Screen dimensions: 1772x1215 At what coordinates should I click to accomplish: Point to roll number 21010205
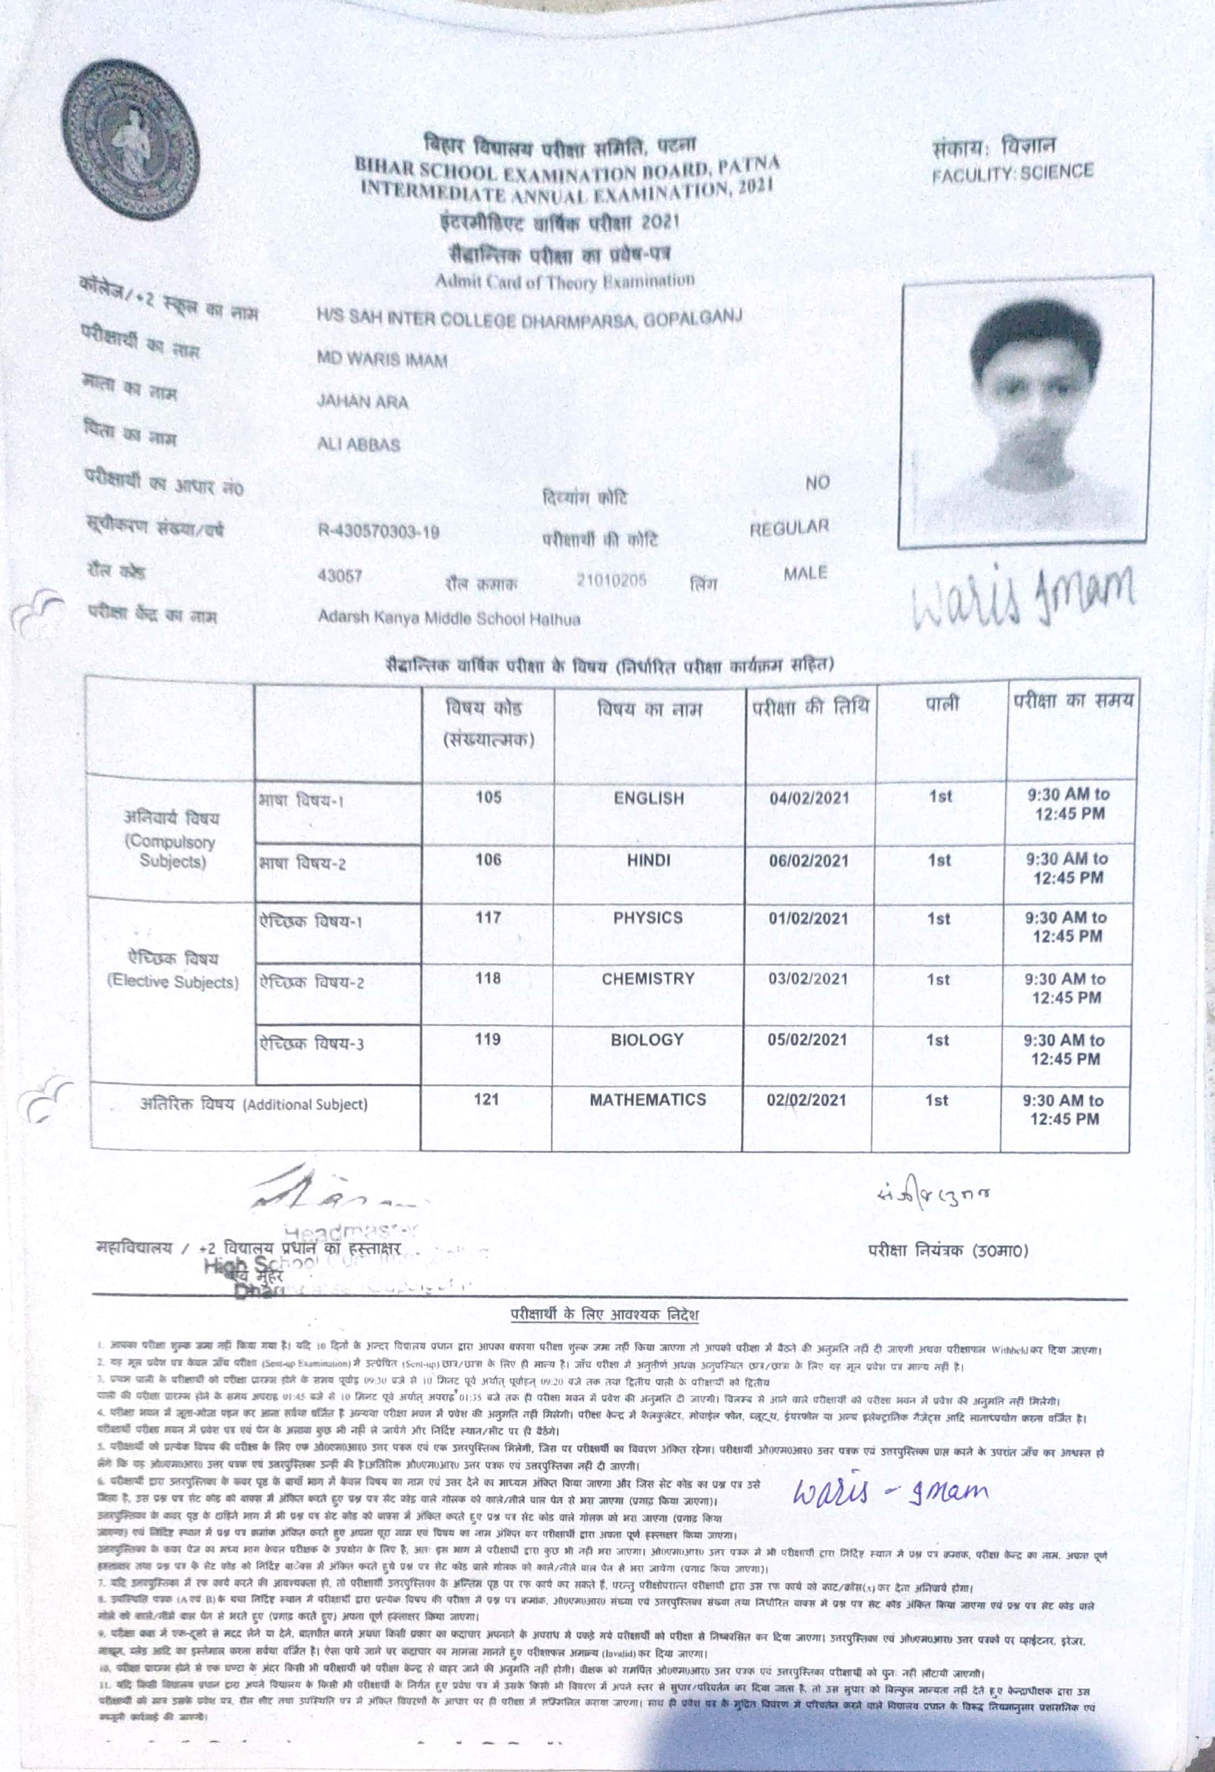click(x=611, y=580)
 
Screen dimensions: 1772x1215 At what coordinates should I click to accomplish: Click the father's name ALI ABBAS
click(x=358, y=445)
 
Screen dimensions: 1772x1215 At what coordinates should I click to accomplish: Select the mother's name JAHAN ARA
click(x=363, y=402)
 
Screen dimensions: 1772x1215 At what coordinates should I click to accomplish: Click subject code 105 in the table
click(x=488, y=798)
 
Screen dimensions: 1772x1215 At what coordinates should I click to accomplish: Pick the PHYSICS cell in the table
click(x=648, y=918)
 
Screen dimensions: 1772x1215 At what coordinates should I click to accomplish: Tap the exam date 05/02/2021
click(x=807, y=1040)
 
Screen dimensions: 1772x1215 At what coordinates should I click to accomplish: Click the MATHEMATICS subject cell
click(x=647, y=1099)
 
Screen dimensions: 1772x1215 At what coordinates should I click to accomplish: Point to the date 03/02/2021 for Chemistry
click(x=808, y=979)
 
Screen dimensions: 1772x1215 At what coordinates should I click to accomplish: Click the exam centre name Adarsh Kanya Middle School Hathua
click(x=449, y=619)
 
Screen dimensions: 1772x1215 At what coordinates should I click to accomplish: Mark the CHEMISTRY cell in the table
click(x=648, y=979)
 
